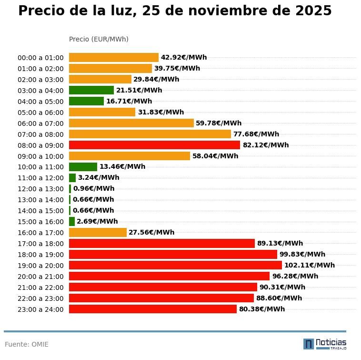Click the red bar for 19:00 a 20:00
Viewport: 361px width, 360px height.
[x=175, y=265]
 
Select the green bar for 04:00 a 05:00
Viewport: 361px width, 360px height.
[x=86, y=101]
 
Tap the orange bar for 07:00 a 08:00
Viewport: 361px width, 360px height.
[x=150, y=134]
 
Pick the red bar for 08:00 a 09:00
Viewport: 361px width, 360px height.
[x=154, y=145]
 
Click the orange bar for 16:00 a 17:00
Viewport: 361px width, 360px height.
[x=98, y=232]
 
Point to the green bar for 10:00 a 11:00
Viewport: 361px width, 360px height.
[x=83, y=167]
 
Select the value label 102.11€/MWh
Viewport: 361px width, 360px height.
[x=309, y=265]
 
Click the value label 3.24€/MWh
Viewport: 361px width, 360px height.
[x=99, y=177]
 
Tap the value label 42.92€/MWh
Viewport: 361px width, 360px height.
[x=184, y=57]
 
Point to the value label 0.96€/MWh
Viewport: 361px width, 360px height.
[x=94, y=188]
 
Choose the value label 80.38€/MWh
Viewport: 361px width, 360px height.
[x=261, y=309]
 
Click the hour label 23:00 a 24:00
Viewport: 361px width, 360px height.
[x=40, y=309]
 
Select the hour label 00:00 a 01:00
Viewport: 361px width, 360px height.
[x=40, y=58]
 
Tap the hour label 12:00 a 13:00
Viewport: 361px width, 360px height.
[x=40, y=189]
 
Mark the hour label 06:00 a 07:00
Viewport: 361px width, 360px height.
[x=40, y=123]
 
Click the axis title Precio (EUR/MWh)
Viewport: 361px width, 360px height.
[x=99, y=39]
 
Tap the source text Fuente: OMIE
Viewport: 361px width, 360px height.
[x=27, y=344]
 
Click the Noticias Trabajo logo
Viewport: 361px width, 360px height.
[x=325, y=343]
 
